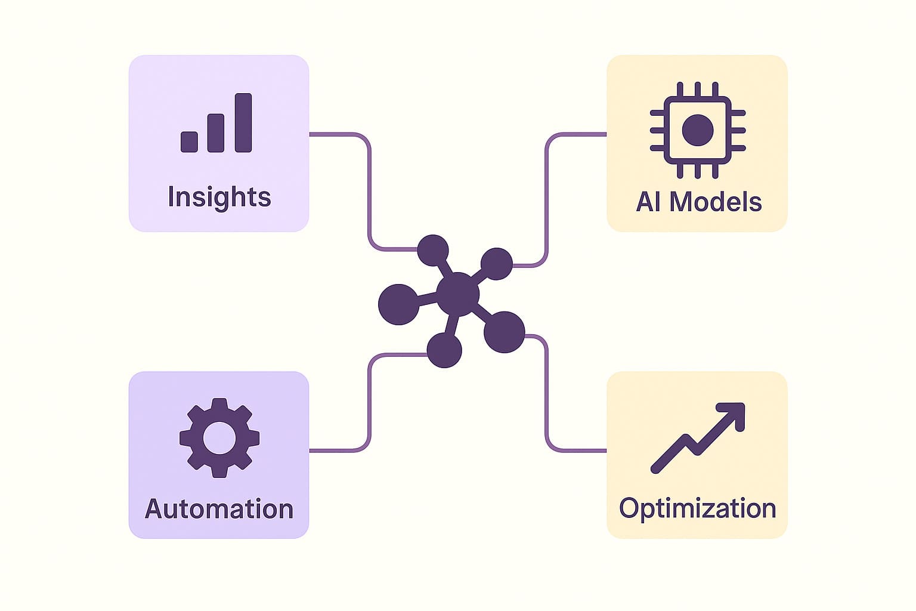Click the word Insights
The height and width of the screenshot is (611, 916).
click(x=219, y=197)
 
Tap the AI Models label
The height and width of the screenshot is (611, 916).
click(x=698, y=202)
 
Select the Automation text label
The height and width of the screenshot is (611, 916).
click(x=219, y=509)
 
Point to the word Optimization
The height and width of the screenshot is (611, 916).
click(x=697, y=508)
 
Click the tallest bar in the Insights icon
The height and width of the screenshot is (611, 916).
click(x=243, y=122)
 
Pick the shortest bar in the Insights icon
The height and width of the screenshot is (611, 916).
click(x=189, y=141)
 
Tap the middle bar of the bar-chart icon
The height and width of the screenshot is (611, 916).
click(x=216, y=133)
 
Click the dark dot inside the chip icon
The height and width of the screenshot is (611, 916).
click(x=697, y=129)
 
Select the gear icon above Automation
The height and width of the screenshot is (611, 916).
click(x=219, y=437)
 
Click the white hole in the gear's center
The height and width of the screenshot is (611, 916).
click(x=219, y=438)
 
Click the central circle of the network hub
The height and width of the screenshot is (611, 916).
click(x=457, y=294)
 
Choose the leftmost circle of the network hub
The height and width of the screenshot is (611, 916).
click(x=398, y=304)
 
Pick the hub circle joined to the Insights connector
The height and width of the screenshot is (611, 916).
click(x=432, y=251)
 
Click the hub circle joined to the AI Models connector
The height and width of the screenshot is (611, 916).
click(x=496, y=264)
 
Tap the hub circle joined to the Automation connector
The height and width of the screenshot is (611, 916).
click(x=444, y=350)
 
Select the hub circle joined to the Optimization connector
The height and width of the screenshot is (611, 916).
click(x=504, y=332)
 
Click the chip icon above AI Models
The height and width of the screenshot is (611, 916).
click(x=697, y=129)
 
